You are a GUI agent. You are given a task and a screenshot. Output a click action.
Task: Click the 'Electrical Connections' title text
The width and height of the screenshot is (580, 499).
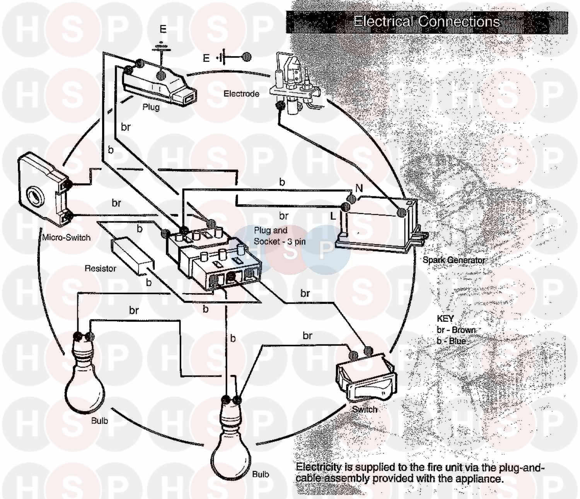(x=426, y=22)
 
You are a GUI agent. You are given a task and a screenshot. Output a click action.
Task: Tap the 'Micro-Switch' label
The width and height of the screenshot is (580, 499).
(x=66, y=238)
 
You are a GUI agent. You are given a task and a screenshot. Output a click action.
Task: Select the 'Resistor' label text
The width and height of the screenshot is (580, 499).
(x=101, y=268)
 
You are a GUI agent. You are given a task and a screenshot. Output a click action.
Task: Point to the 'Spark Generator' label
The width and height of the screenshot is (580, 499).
(x=454, y=260)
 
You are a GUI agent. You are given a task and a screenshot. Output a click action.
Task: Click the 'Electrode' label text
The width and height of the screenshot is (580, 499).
(x=241, y=94)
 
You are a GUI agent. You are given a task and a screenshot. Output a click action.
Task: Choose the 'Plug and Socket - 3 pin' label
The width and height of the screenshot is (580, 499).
(x=280, y=236)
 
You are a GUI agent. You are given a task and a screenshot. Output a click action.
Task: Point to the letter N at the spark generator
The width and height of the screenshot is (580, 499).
(x=359, y=188)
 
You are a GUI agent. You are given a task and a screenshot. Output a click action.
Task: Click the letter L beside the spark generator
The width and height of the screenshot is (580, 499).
(x=333, y=216)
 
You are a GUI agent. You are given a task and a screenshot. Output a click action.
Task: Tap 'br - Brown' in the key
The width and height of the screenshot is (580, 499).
(x=456, y=330)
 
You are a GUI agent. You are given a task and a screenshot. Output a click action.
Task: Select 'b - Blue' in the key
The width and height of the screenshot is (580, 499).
(x=451, y=341)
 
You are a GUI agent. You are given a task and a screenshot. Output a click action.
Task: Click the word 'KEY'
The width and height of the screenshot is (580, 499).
(x=445, y=318)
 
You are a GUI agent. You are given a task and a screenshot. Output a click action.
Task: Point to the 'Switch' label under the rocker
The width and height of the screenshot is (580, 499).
(x=365, y=410)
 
